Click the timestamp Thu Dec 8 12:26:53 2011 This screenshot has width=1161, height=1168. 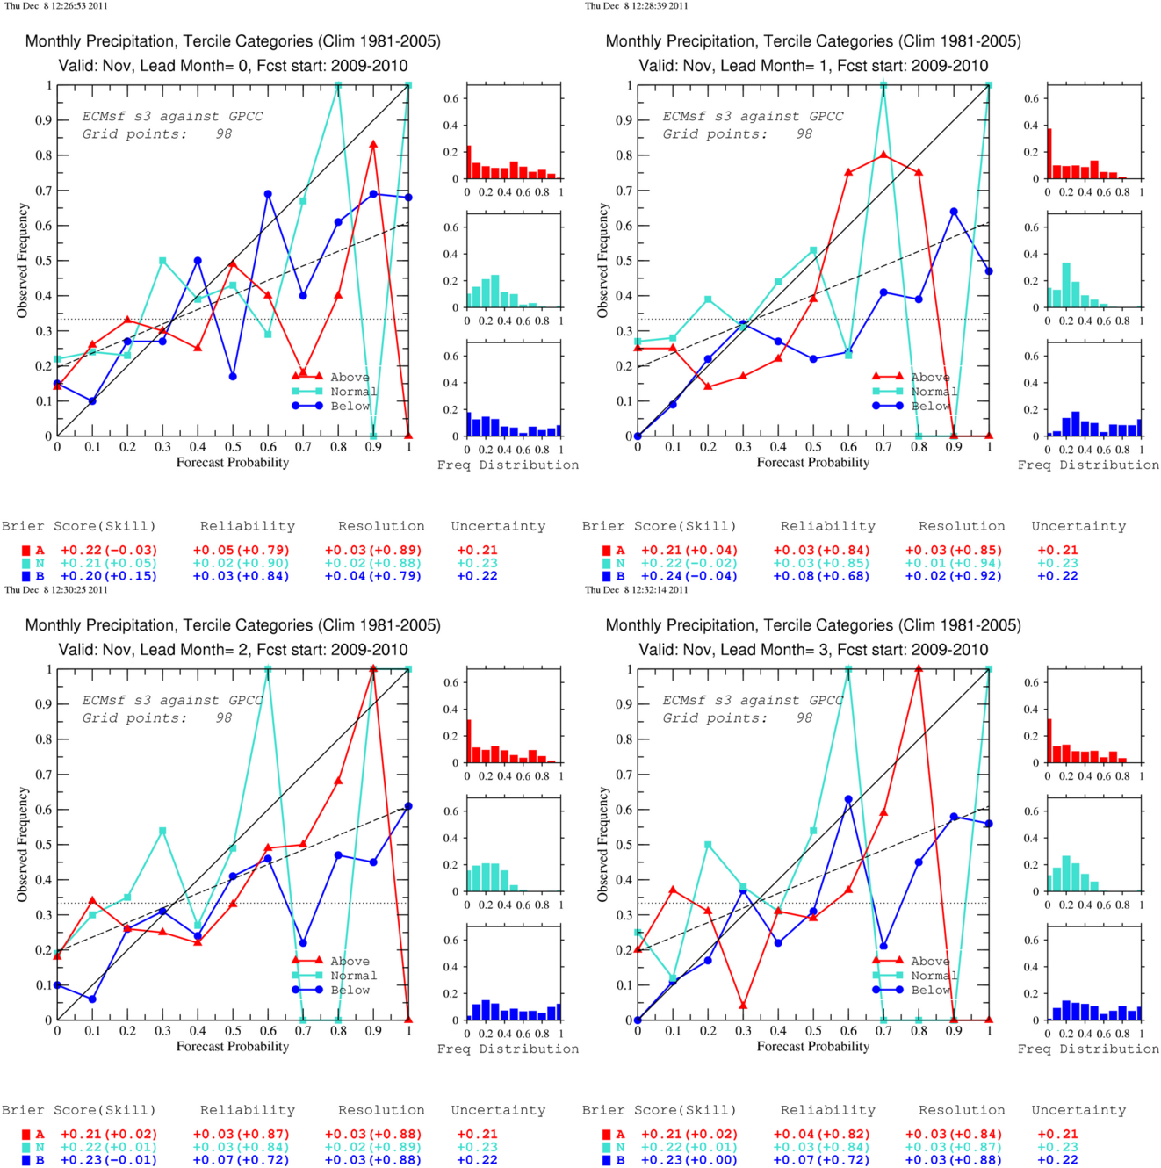pos(56,5)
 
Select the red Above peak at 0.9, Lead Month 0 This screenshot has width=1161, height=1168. pos(373,145)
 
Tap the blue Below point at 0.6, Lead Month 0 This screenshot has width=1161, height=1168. pos(268,194)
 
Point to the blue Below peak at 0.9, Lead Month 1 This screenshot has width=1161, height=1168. pos(954,212)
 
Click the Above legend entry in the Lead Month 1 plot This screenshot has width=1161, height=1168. pos(930,378)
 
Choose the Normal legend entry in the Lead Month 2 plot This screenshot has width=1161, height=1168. pos(353,976)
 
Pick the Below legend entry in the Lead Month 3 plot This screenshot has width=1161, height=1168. pos(930,990)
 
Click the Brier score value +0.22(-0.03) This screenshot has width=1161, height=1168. pos(109,551)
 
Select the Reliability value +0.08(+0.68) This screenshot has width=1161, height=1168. pos(821,576)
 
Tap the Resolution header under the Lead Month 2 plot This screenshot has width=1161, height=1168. pos(381,1110)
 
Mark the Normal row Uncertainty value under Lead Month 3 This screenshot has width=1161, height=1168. pos(1058,1147)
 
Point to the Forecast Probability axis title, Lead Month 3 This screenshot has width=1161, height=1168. pos(813,1046)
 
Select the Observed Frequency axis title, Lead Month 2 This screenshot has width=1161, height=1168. pos(23,844)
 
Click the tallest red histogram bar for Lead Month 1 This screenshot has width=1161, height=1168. pos(1049,154)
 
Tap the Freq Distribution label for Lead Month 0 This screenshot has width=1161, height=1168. pos(508,465)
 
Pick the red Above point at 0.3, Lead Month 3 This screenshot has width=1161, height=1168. pos(743,1005)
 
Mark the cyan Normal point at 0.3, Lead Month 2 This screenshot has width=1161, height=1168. pos(162,831)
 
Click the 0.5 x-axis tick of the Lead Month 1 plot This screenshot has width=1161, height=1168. pos(813,447)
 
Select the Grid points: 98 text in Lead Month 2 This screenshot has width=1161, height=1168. pos(157,718)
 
